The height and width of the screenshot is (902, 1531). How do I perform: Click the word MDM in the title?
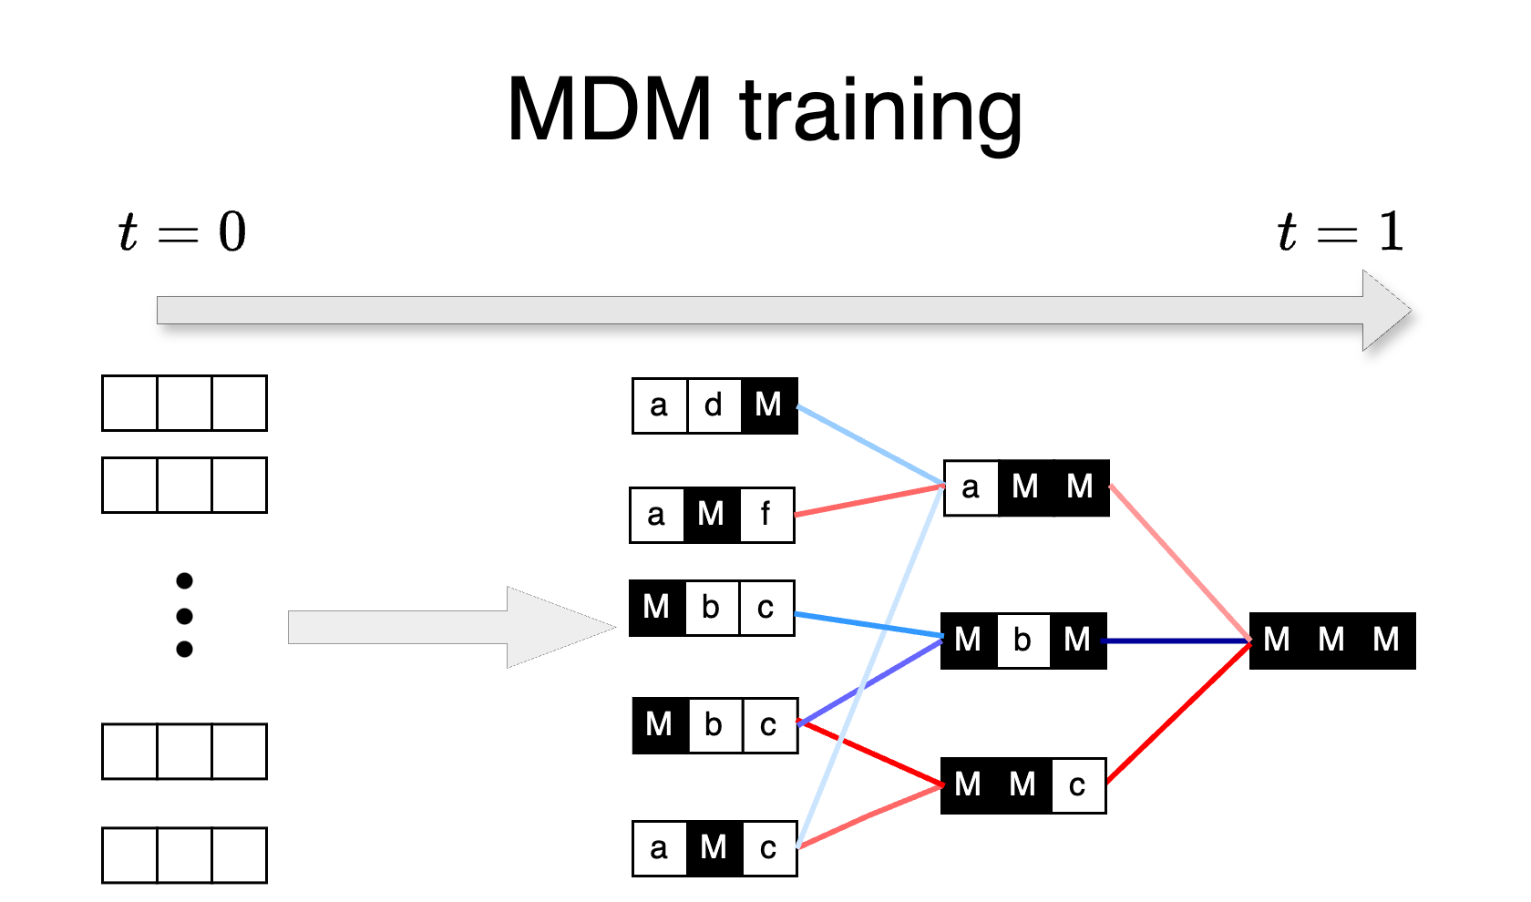(609, 110)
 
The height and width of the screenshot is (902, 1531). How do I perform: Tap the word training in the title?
(881, 110)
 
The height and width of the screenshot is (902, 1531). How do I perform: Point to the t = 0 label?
(182, 231)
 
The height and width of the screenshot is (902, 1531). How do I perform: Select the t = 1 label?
(1340, 231)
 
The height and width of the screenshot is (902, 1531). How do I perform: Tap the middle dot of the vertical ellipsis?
(184, 616)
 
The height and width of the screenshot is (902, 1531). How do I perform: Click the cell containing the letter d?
(714, 405)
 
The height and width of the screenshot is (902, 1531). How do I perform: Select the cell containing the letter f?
(765, 515)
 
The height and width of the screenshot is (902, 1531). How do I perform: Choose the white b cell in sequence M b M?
(1022, 640)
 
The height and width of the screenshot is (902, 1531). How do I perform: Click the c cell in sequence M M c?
(1077, 784)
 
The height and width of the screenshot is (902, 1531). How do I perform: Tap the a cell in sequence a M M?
(971, 487)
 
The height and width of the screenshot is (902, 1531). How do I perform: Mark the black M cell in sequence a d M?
(768, 405)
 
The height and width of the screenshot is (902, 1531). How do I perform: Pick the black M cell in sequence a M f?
(711, 515)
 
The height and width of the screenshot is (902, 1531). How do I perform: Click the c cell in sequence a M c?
(768, 848)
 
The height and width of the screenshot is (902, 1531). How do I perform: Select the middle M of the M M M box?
(1331, 640)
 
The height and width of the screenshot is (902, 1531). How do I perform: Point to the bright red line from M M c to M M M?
(1178, 712)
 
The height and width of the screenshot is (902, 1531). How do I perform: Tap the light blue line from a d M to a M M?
(870, 445)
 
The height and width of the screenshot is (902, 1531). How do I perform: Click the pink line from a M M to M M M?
(1180, 563)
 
